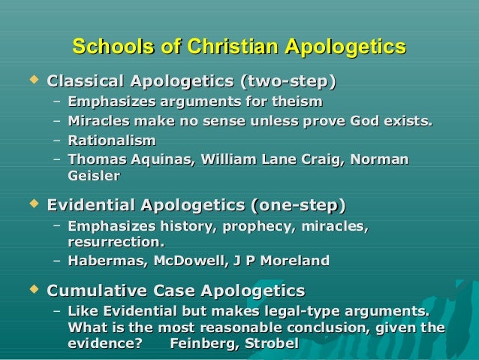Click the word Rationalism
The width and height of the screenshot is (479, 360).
pos(111,140)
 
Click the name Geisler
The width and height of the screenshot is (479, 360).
pos(93,176)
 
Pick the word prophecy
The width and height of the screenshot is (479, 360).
pos(259,225)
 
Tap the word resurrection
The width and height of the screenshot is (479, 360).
pos(115,242)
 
